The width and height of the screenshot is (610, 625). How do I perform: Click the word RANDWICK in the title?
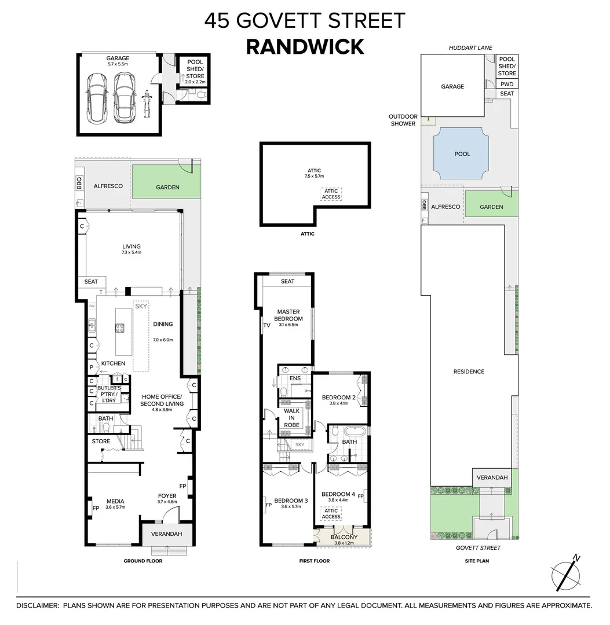coord(305,46)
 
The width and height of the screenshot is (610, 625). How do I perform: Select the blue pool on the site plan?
coord(462,154)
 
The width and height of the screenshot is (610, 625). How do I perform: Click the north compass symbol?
coord(564,574)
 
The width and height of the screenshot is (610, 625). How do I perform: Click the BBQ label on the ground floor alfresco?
coord(80,183)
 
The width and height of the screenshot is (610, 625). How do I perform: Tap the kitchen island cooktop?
coord(120,328)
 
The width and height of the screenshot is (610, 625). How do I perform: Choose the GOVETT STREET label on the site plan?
coord(477,547)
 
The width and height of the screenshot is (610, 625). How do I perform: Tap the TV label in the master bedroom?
coord(266,326)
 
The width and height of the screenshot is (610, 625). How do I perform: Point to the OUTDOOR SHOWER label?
coord(403,120)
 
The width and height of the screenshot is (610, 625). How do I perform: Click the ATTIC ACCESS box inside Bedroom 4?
coord(331,513)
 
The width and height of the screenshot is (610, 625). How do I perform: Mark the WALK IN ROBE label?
coord(291,418)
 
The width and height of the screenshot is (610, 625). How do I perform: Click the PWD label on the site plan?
coord(507,84)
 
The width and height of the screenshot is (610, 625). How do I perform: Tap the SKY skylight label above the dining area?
coord(141,306)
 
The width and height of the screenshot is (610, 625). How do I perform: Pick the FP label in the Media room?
coord(96,508)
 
